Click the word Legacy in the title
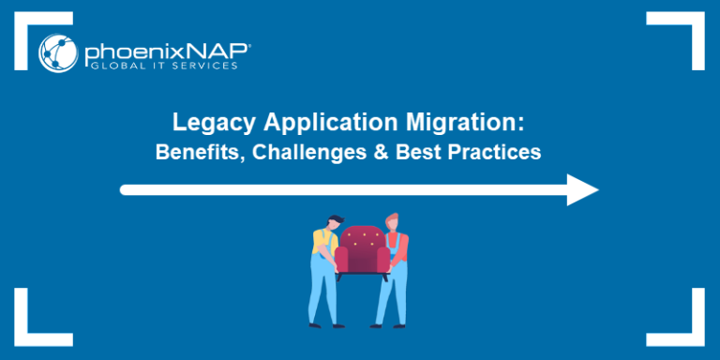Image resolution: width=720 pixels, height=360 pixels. [202, 123]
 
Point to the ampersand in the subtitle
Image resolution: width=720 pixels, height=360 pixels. [387, 151]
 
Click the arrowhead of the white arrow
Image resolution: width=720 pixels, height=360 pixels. [582, 189]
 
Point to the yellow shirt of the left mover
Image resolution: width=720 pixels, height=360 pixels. [322, 245]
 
